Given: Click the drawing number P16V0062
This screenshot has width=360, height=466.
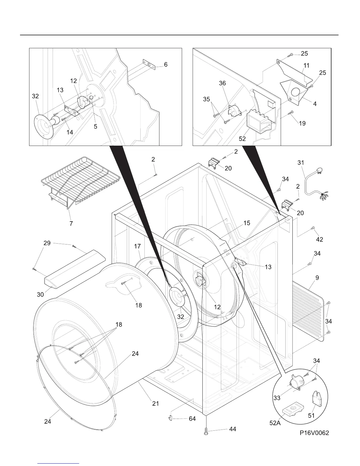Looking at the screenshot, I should (314, 433).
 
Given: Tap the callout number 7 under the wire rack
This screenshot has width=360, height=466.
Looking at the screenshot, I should (71, 224).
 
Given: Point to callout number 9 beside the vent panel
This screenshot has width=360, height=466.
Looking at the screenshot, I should (317, 277).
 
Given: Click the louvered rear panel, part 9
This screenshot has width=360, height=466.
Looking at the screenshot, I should (309, 312).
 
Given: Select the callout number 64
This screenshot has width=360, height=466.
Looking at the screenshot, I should (192, 419).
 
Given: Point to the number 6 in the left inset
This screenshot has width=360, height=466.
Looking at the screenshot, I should (166, 64).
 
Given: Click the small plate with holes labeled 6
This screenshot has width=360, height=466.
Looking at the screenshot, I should (149, 65).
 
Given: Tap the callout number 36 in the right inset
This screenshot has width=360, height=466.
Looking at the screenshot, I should (222, 83).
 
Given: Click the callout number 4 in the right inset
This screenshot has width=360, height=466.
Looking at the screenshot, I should (315, 104).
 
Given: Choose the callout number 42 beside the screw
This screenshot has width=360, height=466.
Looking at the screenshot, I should (319, 239).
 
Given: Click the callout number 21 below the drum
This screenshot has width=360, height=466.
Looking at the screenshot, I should (156, 404).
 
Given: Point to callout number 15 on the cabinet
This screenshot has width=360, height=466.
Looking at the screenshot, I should (247, 223).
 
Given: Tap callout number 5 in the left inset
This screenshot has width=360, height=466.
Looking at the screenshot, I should (96, 127).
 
